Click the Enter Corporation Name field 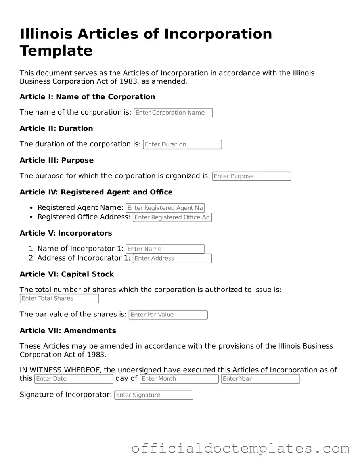pos(173,113)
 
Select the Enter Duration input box pos(182,144)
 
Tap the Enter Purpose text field pos(251,176)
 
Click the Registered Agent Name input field pos(165,208)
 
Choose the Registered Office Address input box pos(172,217)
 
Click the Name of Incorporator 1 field pos(165,249)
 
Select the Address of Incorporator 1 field pos(172,259)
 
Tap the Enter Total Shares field pos(59,299)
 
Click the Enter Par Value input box pos(168,315)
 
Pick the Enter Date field pos(74,379)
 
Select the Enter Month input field pos(179,379)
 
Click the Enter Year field pos(260,379)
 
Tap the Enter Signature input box pos(153,395)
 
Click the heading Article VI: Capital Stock pos(67,274)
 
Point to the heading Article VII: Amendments pos(68,330)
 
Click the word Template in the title pos(56,51)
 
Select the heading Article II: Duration pos(56,128)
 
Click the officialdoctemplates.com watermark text pos(240,449)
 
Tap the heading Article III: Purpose pos(57,160)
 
